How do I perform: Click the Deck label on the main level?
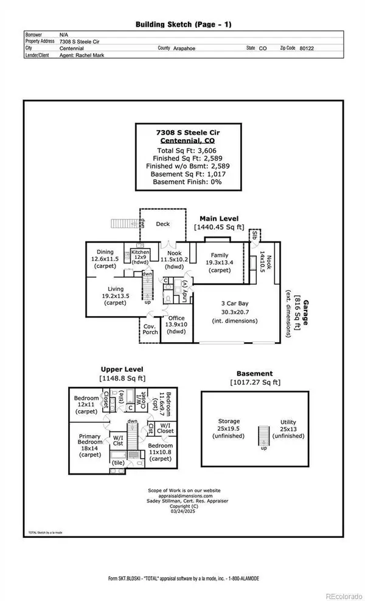(162, 224)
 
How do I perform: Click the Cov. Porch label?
(150, 328)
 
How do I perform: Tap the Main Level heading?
(220, 218)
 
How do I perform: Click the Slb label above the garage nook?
(255, 234)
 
